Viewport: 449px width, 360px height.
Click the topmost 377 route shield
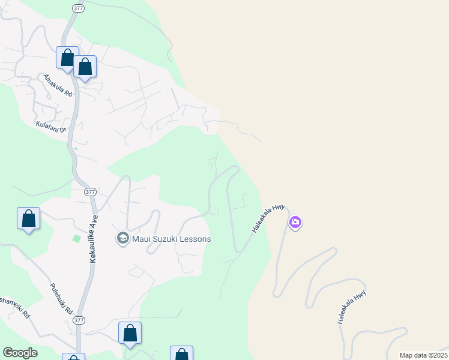78,8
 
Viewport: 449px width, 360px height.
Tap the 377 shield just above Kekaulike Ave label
89,192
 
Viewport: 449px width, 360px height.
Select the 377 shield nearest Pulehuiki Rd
78,321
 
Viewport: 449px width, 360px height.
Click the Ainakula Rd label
57,86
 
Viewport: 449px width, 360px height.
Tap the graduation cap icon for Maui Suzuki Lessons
123,239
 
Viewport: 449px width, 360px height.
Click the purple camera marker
295,223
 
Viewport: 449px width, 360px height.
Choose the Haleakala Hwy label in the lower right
352,308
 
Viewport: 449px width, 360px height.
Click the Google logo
20,353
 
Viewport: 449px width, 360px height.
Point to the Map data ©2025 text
423,355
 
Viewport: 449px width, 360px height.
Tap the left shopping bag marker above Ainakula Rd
68,58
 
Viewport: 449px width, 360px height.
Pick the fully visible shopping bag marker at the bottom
130,333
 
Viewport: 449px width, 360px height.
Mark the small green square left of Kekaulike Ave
76,239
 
